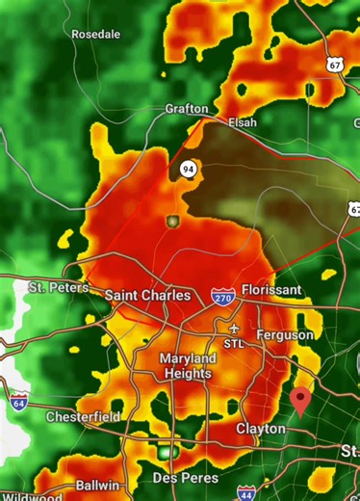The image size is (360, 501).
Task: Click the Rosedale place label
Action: click(x=96, y=34)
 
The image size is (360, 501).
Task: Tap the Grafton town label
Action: click(x=187, y=109)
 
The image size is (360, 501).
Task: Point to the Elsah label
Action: click(x=243, y=122)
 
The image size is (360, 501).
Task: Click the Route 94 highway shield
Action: click(x=186, y=170)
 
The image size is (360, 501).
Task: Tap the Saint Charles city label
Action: click(x=147, y=295)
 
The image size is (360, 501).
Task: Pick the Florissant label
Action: click(x=271, y=289)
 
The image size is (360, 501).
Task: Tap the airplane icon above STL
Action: click(x=234, y=328)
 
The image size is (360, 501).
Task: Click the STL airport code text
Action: click(x=234, y=343)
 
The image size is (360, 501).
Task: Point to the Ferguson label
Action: click(x=285, y=334)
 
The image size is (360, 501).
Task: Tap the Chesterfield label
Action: click(x=84, y=417)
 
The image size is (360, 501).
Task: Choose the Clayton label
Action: click(x=262, y=428)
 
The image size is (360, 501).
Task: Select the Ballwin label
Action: click(x=97, y=486)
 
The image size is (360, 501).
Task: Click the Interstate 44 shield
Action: click(x=246, y=493)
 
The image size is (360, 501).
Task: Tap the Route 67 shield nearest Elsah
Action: click(x=334, y=65)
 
